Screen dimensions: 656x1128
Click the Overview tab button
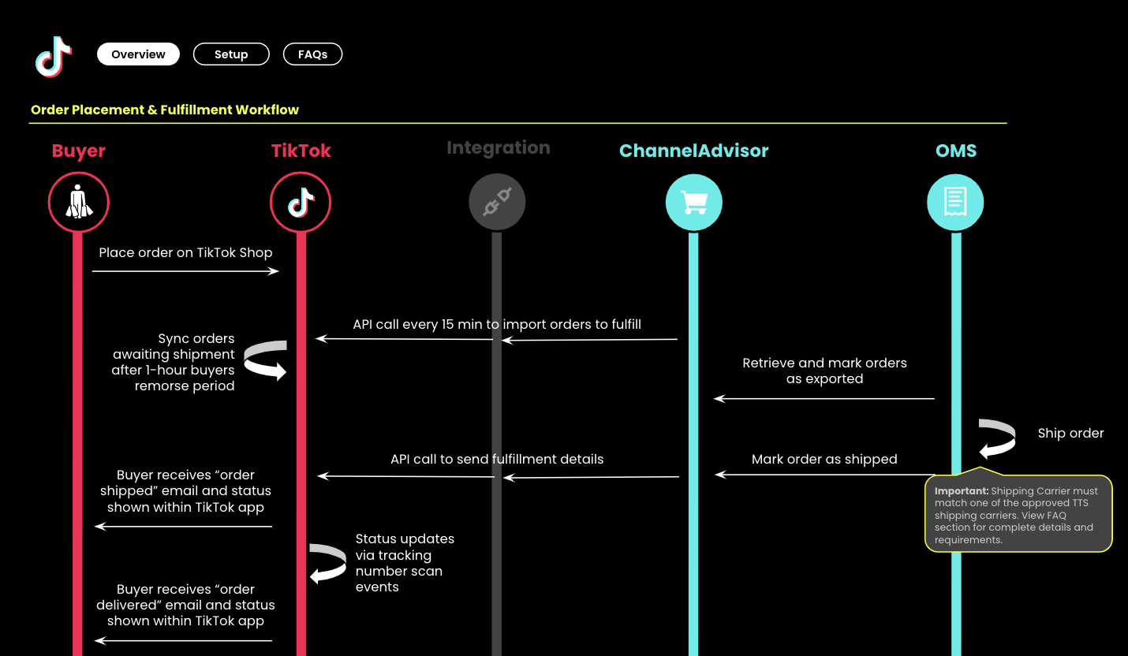[x=138, y=54]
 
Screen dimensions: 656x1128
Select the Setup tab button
[x=231, y=54]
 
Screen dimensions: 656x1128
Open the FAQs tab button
[x=312, y=54]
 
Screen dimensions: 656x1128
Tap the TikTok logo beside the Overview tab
[x=54, y=56]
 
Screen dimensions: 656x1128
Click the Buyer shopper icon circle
[x=78, y=203]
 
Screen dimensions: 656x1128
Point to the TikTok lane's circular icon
[x=301, y=203]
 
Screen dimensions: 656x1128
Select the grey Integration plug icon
[x=497, y=203]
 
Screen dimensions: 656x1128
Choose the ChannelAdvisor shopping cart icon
[x=693, y=203]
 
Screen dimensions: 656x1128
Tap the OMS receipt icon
[x=955, y=203]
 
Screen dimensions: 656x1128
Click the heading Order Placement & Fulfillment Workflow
[x=165, y=110]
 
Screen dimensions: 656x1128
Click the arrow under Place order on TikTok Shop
[x=185, y=271]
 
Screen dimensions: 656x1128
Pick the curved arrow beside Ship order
[x=997, y=439]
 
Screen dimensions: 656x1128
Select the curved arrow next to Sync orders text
[x=265, y=360]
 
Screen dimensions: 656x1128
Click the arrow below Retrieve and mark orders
[x=824, y=399]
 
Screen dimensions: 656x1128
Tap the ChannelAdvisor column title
[x=693, y=151]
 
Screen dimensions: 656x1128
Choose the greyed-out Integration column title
[x=498, y=148]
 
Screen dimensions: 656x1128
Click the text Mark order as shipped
[x=824, y=459]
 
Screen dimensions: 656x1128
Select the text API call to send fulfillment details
[x=497, y=459]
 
